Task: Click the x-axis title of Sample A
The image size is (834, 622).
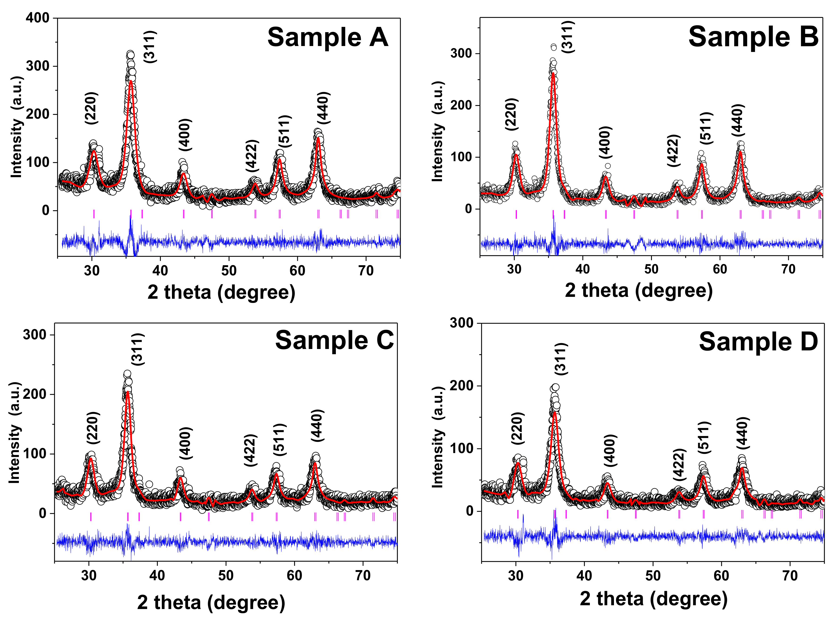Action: (221, 292)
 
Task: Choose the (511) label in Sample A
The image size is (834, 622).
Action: (285, 131)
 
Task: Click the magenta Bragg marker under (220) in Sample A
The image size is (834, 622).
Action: (94, 214)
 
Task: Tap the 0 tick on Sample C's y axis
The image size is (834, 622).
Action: (42, 513)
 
